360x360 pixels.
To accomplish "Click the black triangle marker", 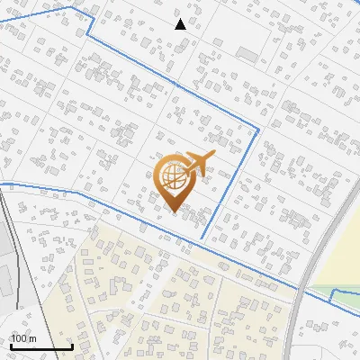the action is pyautogui.click(x=180, y=24).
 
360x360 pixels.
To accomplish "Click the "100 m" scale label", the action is pyautogui.click(x=23, y=338).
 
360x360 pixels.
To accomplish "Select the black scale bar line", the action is pyautogui.click(x=41, y=346).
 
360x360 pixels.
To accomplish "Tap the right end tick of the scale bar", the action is pyautogui.click(x=72, y=345).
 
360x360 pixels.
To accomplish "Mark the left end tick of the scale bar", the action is pyautogui.click(x=11, y=345).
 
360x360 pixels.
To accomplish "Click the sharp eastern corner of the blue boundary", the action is pyautogui.click(x=259, y=130).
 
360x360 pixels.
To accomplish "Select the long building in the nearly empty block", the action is pyautogui.click(x=247, y=52).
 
